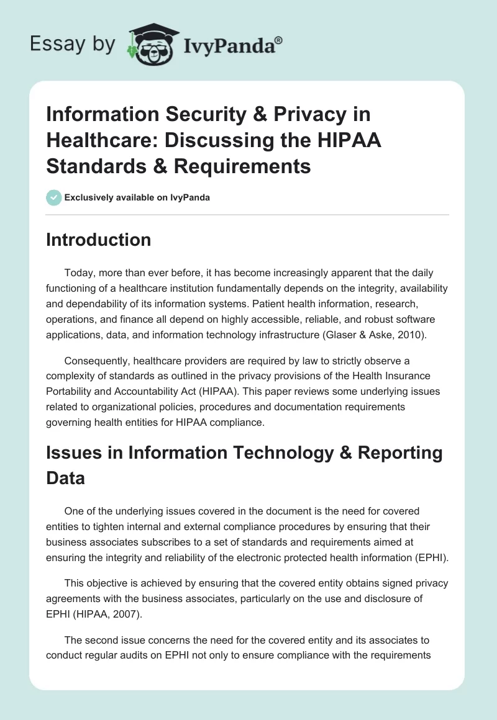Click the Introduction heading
98,240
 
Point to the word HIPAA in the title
351,140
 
